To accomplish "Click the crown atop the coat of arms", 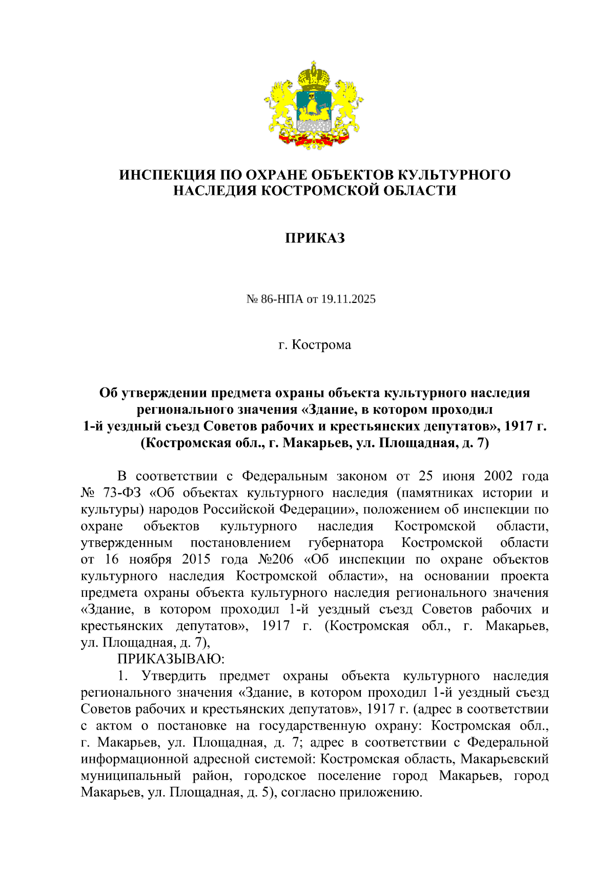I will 314,75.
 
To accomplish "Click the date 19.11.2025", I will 348,299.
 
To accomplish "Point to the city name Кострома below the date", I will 321,345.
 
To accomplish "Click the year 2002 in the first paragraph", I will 498,476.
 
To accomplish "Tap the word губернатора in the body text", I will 345,542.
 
